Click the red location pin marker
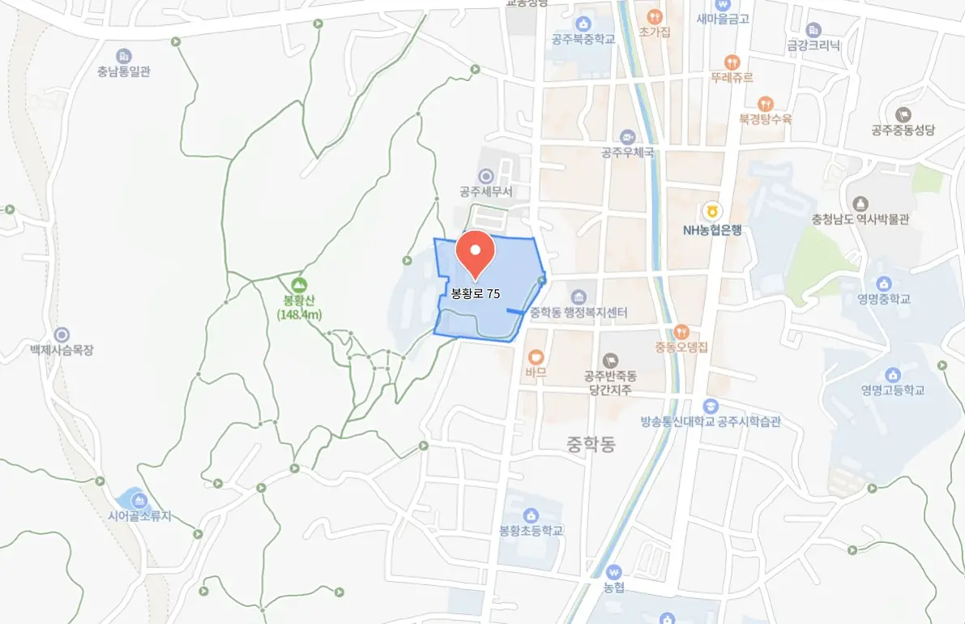click(x=475, y=251)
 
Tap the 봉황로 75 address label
click(x=475, y=293)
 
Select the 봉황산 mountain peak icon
click(x=300, y=285)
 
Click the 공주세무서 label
click(x=486, y=192)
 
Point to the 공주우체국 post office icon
click(x=627, y=136)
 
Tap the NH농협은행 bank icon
click(x=711, y=211)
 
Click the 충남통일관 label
click(x=123, y=71)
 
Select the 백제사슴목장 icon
click(x=62, y=335)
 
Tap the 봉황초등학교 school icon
click(x=531, y=515)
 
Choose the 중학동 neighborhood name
click(x=591, y=443)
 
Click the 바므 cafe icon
click(x=536, y=357)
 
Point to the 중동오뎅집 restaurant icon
click(x=681, y=331)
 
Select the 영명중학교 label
click(x=884, y=299)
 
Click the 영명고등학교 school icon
click(x=892, y=374)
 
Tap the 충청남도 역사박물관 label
click(x=860, y=219)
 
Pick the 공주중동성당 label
click(x=903, y=130)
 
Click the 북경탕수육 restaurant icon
click(x=764, y=104)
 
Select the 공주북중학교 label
click(x=583, y=39)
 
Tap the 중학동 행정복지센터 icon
click(x=578, y=297)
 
